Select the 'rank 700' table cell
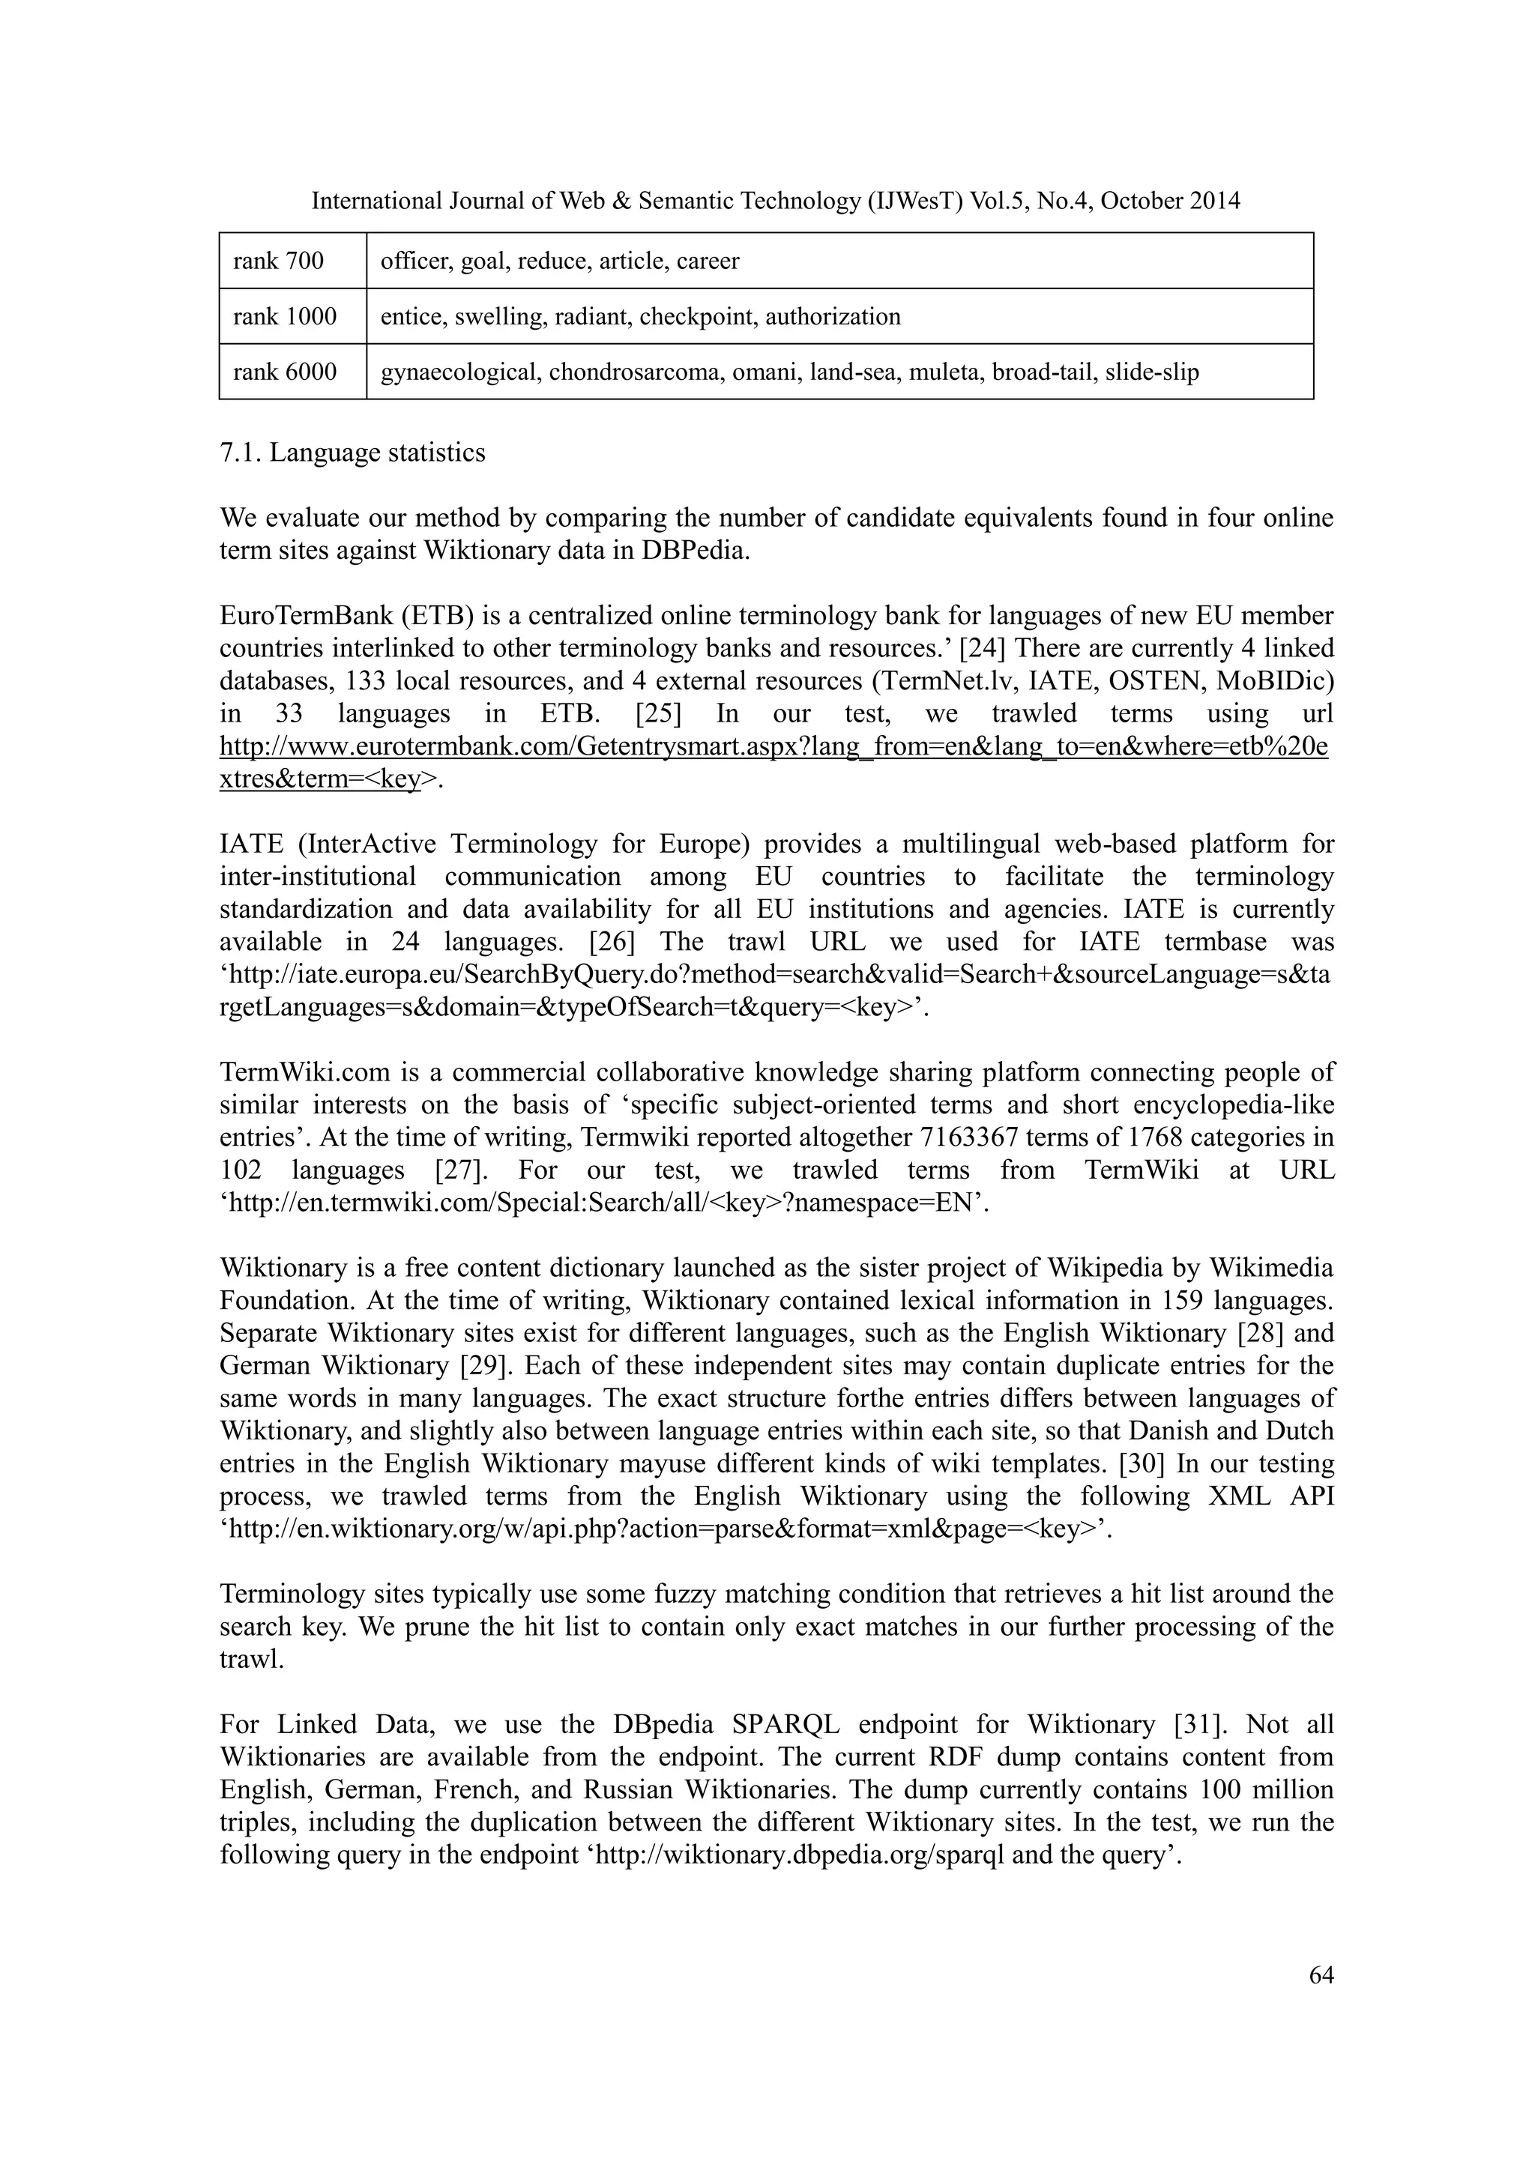pos(278,261)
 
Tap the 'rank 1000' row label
pos(285,317)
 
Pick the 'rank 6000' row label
pos(285,372)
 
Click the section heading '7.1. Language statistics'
pos(352,453)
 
